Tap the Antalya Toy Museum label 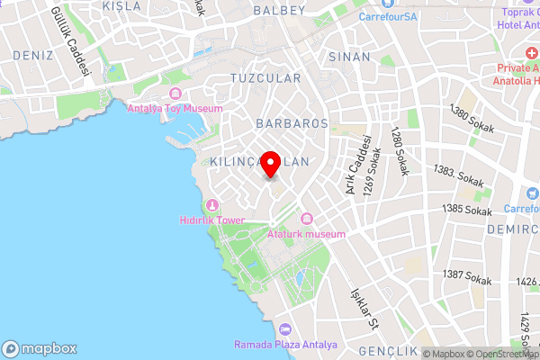(x=175, y=109)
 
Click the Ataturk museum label (x=307, y=234)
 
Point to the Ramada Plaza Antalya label (x=285, y=345)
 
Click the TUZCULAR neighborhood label (x=265, y=78)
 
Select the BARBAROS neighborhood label (x=291, y=121)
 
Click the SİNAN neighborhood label (x=350, y=57)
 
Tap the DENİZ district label (x=33, y=56)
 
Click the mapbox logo (x=39, y=348)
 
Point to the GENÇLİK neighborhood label (x=388, y=350)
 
